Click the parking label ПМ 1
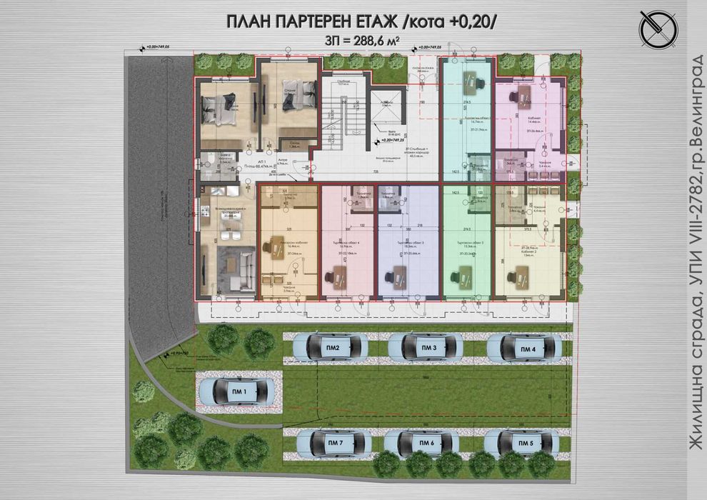click(x=239, y=391)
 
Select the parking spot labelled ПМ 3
click(x=428, y=348)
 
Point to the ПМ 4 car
click(x=527, y=349)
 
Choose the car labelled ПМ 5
click(x=525, y=444)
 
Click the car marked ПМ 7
click(x=336, y=444)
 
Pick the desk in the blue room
click(x=397, y=275)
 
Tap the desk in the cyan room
click(x=472, y=82)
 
